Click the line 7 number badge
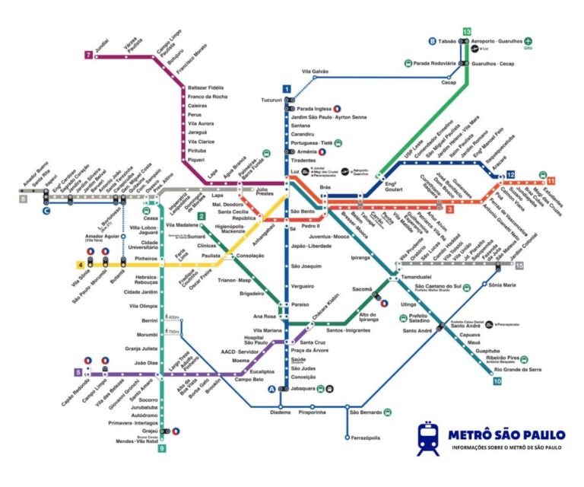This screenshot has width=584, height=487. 89,55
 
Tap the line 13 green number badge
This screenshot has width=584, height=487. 466,30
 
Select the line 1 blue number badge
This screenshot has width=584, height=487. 287,89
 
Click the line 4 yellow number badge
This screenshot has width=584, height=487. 80,265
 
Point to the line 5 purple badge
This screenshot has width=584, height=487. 78,372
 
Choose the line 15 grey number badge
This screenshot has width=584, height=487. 519,265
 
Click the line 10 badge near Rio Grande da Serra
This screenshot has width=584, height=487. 497,381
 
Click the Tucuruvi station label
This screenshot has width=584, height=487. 271,100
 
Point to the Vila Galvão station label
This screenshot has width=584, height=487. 315,72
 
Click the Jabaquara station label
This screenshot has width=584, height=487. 303,388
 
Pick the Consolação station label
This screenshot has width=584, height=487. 249,256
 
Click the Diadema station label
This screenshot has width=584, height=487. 280,412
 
